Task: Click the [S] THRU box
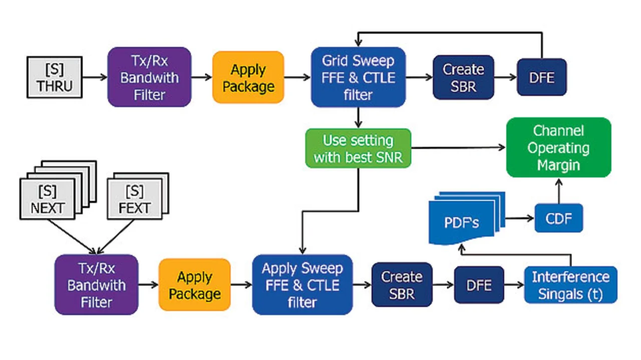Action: tap(54, 77)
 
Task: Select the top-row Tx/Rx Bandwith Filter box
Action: tap(149, 77)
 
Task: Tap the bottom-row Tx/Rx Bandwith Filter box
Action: tap(96, 284)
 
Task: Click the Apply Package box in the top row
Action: tap(248, 77)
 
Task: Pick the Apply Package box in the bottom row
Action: tap(195, 284)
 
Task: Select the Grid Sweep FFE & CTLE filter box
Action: tap(358, 77)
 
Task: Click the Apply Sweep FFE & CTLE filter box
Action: tap(302, 284)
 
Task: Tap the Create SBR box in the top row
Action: tap(463, 77)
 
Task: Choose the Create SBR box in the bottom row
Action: tap(402, 284)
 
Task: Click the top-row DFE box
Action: tap(541, 77)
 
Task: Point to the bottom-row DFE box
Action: tap(479, 284)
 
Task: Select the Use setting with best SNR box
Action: tap(358, 148)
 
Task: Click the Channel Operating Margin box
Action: tap(558, 148)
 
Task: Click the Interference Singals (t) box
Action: tap(570, 284)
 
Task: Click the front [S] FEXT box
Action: tap(134, 199)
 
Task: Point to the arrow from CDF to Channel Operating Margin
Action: tap(558, 190)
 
